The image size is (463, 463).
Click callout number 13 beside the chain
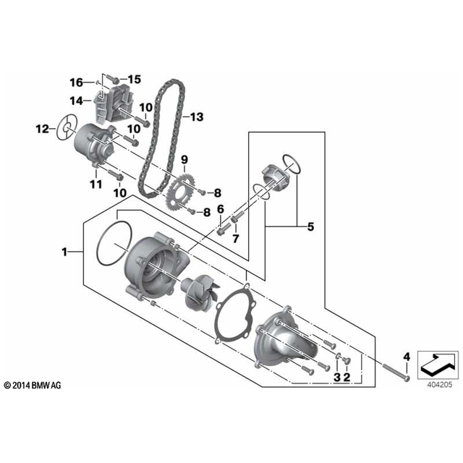(197, 117)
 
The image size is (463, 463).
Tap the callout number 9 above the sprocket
(184, 160)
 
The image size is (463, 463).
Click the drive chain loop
(162, 139)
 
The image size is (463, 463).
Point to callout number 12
(42, 129)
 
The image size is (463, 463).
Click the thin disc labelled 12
(67, 128)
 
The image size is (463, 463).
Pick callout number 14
(76, 101)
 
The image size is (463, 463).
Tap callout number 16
(76, 82)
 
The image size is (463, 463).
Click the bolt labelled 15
(113, 79)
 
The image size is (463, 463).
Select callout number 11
(96, 184)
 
